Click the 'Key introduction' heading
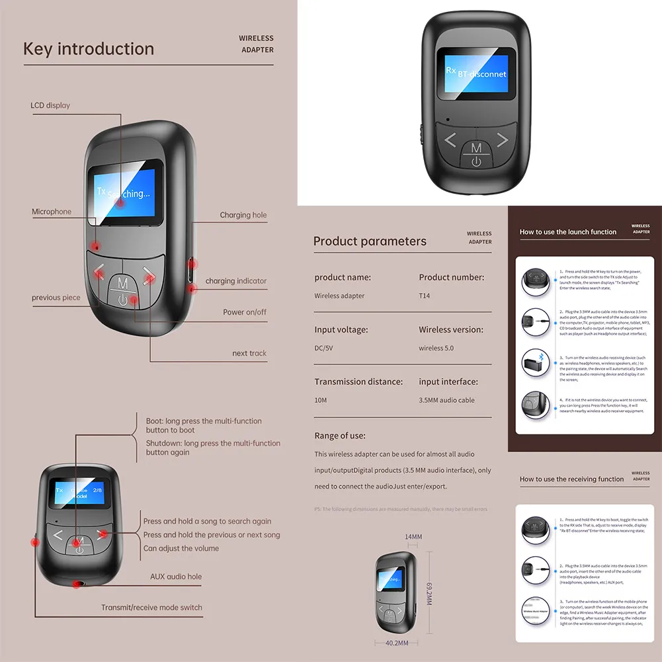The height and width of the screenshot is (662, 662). pyautogui.click(x=89, y=49)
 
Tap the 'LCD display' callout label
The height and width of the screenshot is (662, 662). pyautogui.click(x=50, y=105)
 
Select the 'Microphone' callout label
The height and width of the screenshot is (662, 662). pyautogui.click(x=52, y=212)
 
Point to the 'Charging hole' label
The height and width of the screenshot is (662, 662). pyautogui.click(x=243, y=215)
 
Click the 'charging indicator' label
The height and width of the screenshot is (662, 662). pyautogui.click(x=236, y=281)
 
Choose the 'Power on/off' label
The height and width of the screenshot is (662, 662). pyautogui.click(x=245, y=312)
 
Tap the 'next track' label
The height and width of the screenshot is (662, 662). pyautogui.click(x=249, y=353)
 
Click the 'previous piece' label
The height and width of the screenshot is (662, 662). pyautogui.click(x=56, y=298)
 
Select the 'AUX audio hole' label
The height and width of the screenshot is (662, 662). pyautogui.click(x=176, y=577)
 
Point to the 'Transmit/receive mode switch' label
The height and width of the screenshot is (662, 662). pyautogui.click(x=152, y=607)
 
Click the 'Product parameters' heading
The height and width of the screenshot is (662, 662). pyautogui.click(x=370, y=241)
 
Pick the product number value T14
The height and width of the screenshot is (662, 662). pyautogui.click(x=424, y=296)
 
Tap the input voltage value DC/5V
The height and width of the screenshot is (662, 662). pyautogui.click(x=328, y=348)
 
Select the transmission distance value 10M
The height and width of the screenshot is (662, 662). pyautogui.click(x=321, y=400)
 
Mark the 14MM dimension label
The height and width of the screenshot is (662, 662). pyautogui.click(x=413, y=536)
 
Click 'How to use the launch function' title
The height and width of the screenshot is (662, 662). pyautogui.click(x=567, y=232)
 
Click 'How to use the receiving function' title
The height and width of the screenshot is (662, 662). pyautogui.click(x=571, y=479)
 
